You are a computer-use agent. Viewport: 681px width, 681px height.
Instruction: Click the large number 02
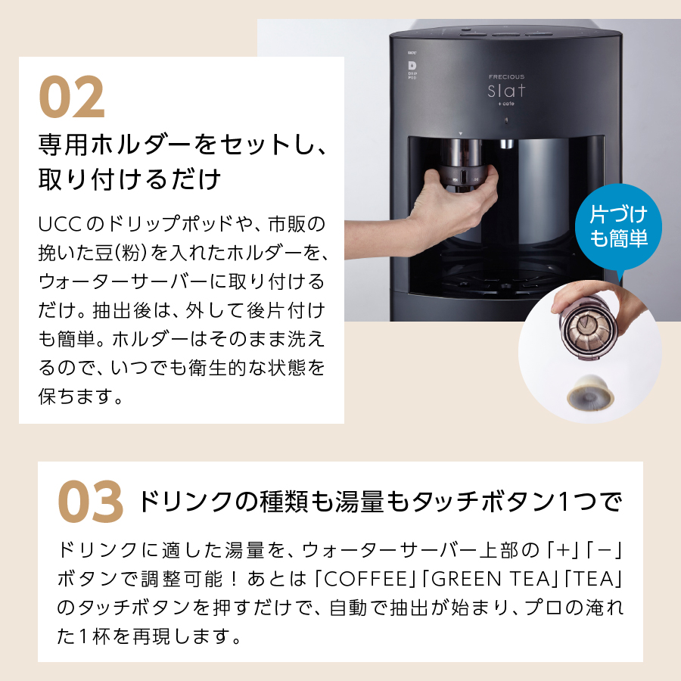[x=72, y=96]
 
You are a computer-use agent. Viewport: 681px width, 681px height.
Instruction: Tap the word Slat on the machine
[x=506, y=92]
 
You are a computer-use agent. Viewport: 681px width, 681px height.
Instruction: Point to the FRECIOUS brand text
[x=506, y=76]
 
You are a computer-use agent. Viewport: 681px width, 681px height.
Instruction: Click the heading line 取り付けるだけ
[x=129, y=179]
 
